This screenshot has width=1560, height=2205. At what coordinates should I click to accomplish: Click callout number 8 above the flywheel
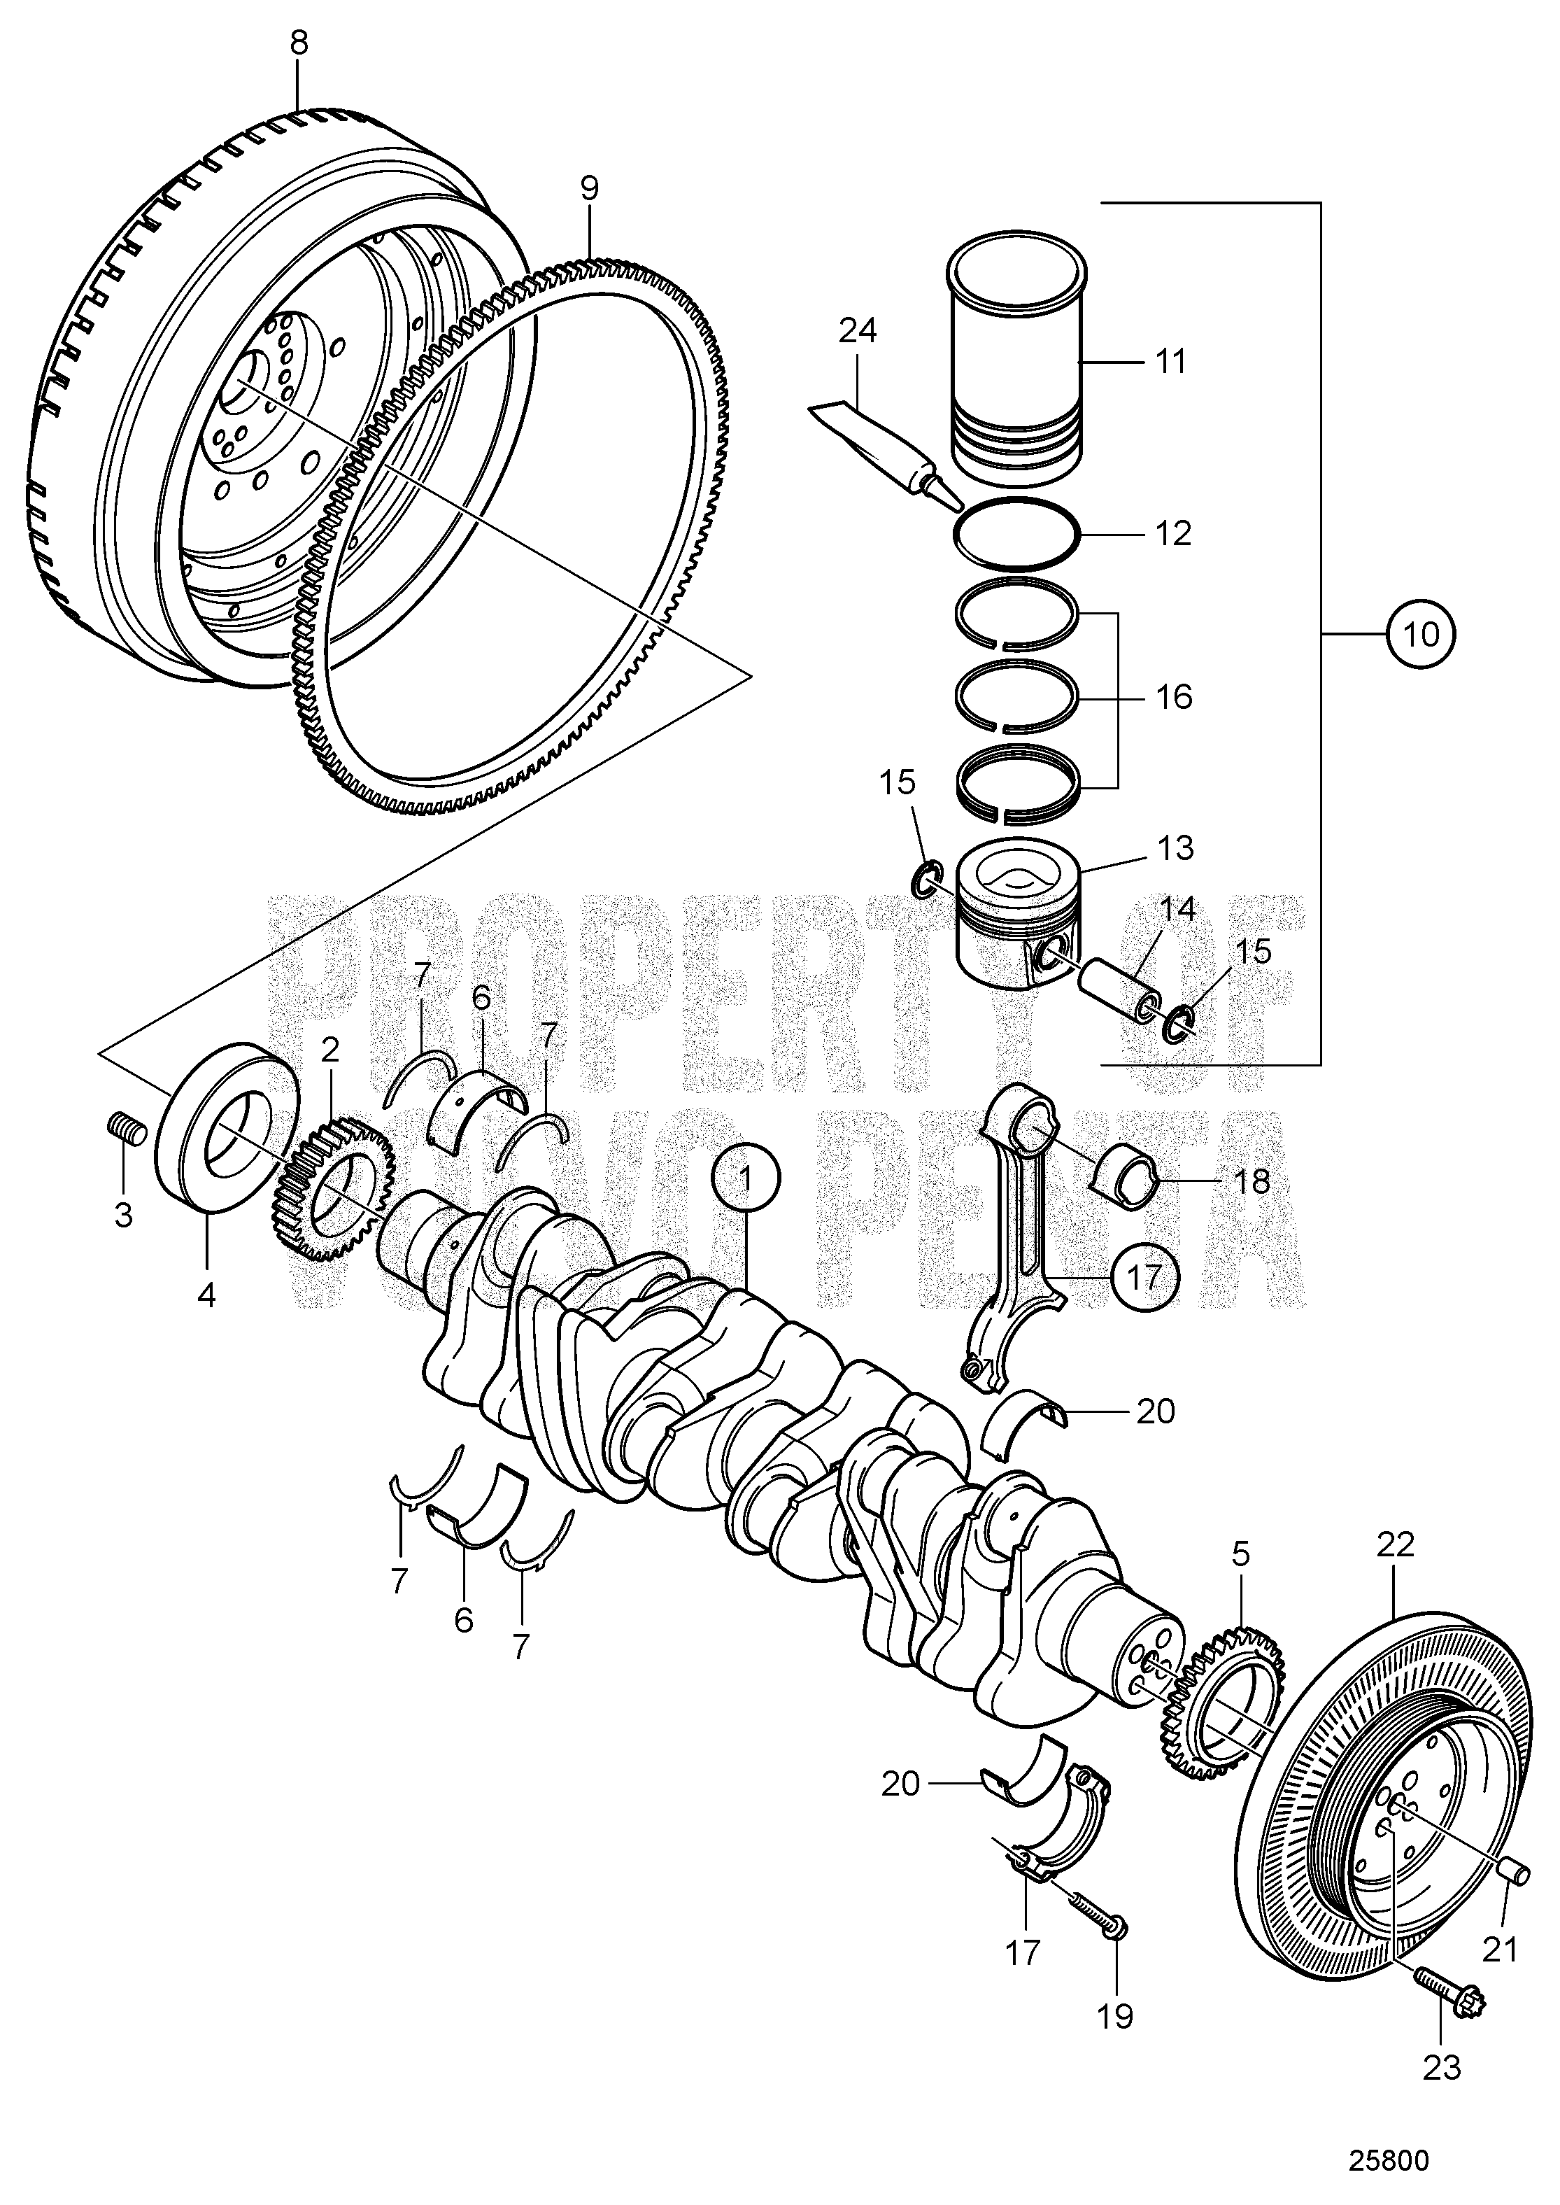pos(299,44)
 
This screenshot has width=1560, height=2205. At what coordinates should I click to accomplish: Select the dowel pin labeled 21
pos(1514,1873)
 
